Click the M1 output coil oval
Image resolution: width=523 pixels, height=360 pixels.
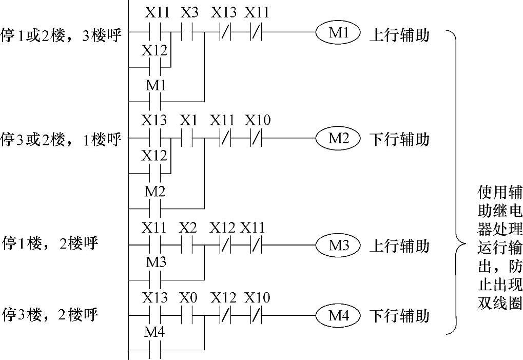(x=338, y=33)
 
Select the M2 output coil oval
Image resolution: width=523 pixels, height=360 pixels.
(x=338, y=138)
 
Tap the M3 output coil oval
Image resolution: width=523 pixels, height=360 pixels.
(x=338, y=245)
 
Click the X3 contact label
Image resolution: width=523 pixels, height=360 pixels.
(x=189, y=13)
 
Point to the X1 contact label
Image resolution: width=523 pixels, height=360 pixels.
(x=189, y=120)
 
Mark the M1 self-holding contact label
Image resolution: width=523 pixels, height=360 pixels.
(x=155, y=85)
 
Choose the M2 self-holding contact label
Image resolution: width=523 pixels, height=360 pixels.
(x=155, y=192)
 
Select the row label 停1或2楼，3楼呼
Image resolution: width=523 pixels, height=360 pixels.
(x=62, y=36)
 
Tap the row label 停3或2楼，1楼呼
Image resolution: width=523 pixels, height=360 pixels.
(x=62, y=140)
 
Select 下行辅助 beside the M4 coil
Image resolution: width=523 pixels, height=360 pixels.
(x=399, y=316)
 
